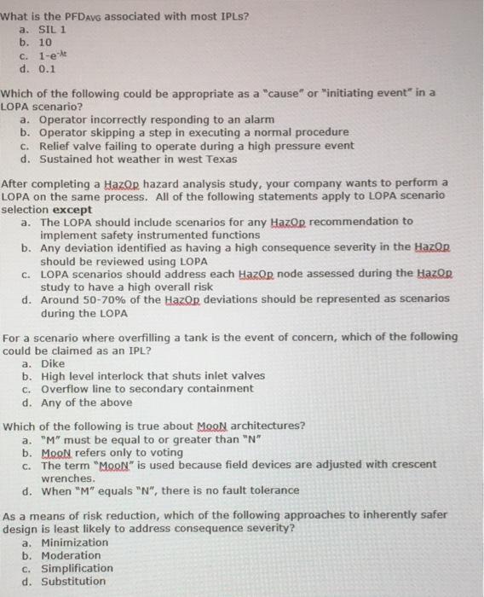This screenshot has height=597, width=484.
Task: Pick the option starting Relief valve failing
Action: click(x=196, y=146)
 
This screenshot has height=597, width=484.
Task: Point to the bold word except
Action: click(x=72, y=209)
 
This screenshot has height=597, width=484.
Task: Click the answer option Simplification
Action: click(x=77, y=568)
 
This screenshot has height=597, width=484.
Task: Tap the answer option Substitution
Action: click(x=73, y=582)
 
